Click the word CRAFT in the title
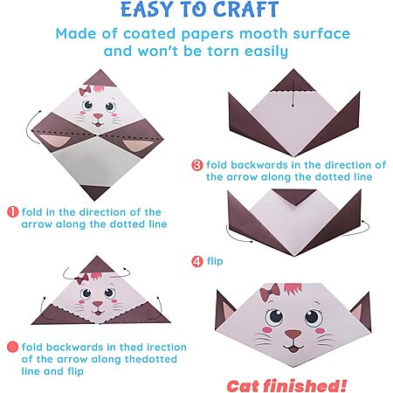246,10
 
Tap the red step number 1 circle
12,211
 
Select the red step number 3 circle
197,165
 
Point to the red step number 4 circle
197,261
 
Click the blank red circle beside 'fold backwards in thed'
12,347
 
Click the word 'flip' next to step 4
215,261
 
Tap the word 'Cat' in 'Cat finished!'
243,386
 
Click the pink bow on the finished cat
270,292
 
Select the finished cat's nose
293,334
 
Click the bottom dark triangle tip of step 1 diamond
94,200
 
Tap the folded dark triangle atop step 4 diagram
294,197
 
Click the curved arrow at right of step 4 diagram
356,229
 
